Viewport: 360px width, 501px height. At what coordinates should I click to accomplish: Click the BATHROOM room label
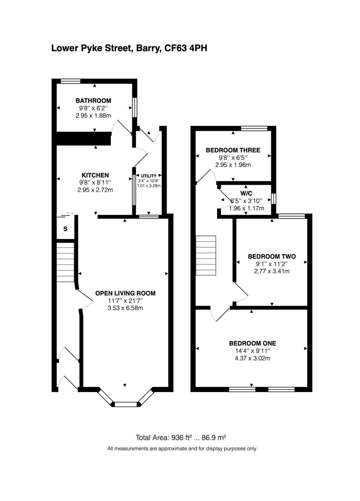[x=94, y=100]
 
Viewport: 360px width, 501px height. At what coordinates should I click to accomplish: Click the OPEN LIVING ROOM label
[x=125, y=293]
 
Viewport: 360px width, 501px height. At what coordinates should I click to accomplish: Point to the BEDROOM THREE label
[x=233, y=150]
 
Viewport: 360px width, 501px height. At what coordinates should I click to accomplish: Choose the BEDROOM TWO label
[x=271, y=256]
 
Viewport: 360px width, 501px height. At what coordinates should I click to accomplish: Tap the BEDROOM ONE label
[x=252, y=343]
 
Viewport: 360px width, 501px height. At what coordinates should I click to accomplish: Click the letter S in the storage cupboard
[x=65, y=229]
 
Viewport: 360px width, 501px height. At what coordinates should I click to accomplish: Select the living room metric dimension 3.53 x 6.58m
[x=125, y=308]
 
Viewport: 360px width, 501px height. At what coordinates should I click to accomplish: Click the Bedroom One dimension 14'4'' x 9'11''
[x=252, y=351]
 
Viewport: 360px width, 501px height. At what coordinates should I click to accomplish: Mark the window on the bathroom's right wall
[x=135, y=107]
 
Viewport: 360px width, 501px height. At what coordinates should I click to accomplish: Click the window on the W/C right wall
[x=274, y=198]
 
